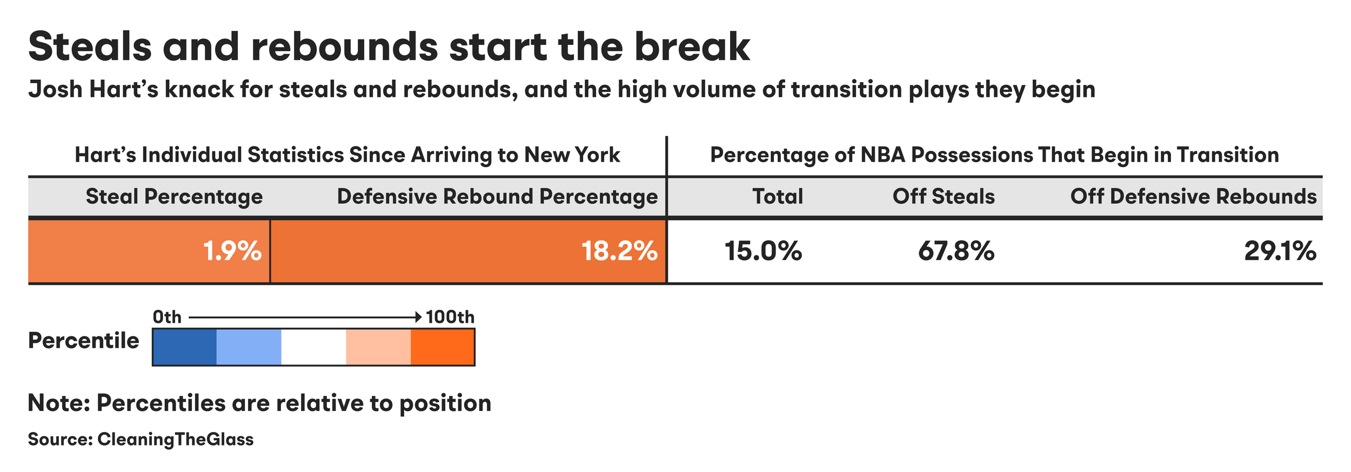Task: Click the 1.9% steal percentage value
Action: point(232,251)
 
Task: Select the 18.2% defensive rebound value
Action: point(619,251)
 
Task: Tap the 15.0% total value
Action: point(763,251)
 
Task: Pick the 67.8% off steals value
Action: point(956,251)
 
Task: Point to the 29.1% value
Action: point(1280,251)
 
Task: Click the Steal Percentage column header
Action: point(174,197)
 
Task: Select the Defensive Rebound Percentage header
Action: point(497,197)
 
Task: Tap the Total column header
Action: point(778,196)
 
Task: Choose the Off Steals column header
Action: point(944,196)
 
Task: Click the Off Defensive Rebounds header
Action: point(1194,196)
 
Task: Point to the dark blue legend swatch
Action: point(185,347)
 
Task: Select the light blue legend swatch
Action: point(249,347)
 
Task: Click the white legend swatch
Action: point(313,347)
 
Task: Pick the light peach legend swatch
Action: point(378,347)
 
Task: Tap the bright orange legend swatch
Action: point(443,347)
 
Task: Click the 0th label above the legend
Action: point(167,317)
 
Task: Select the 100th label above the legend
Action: point(450,317)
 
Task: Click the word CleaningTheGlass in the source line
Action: point(175,439)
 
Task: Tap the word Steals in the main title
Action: point(90,46)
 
